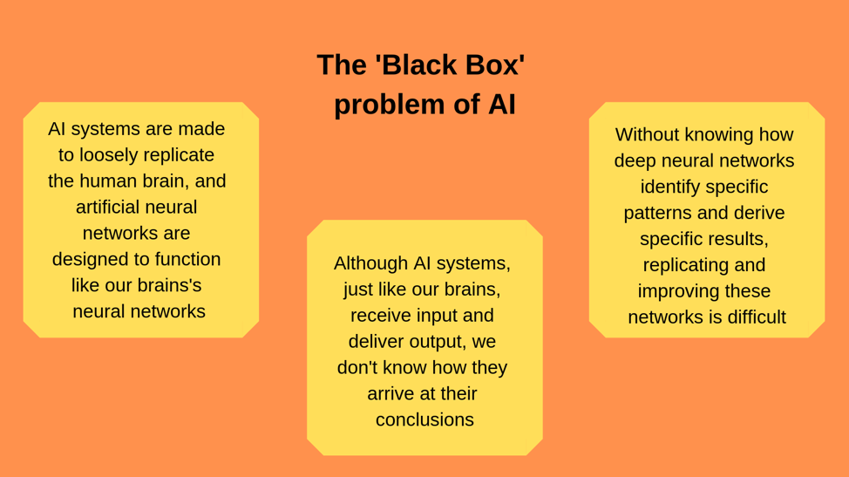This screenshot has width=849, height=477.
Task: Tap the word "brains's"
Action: tap(170, 285)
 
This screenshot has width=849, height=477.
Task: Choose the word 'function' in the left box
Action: tap(185, 259)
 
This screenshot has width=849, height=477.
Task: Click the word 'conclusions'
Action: tap(424, 420)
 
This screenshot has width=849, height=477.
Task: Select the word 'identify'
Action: tap(676, 187)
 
